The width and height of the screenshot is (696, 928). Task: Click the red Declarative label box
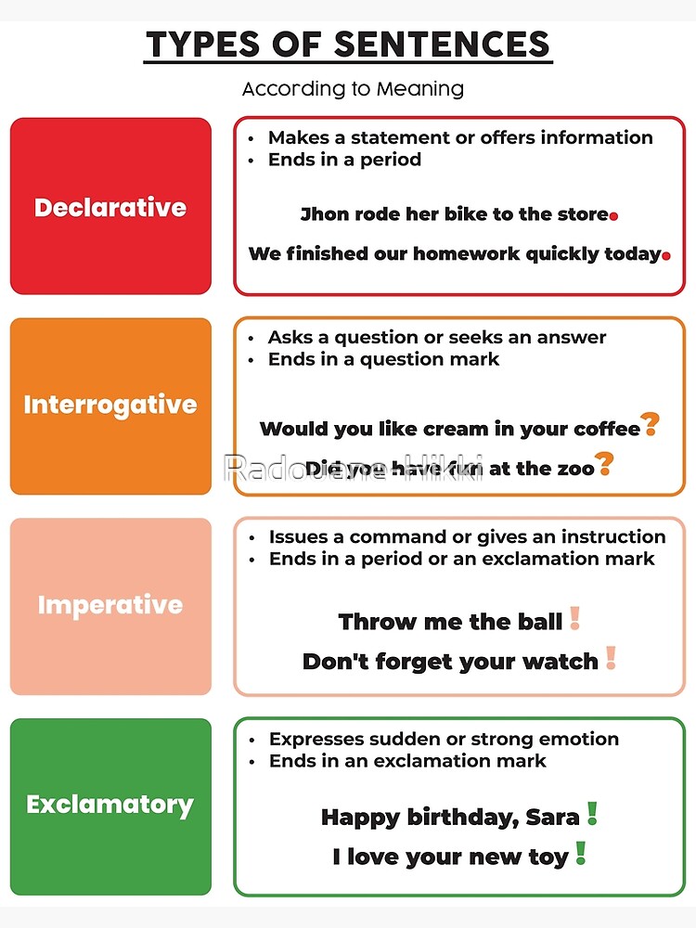point(110,206)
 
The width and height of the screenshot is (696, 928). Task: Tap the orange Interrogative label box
point(110,406)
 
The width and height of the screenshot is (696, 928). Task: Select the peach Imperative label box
point(110,605)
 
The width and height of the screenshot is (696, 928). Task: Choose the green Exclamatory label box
point(110,805)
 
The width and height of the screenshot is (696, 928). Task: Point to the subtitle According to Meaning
point(353,89)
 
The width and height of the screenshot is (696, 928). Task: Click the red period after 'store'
point(613,216)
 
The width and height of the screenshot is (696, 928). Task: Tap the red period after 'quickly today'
point(665,256)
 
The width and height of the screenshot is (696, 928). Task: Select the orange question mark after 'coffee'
point(651,425)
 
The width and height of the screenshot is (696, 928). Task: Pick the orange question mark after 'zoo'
point(604,463)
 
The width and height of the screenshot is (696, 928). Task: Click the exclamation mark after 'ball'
point(574,618)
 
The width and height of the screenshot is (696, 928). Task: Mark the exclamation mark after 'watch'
point(610,658)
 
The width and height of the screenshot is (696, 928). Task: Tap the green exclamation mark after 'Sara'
point(592,814)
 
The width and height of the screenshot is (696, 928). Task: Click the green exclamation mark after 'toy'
point(580,853)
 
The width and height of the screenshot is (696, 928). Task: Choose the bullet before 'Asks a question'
point(251,338)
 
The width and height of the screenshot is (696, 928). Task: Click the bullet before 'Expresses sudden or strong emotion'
point(251,740)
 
